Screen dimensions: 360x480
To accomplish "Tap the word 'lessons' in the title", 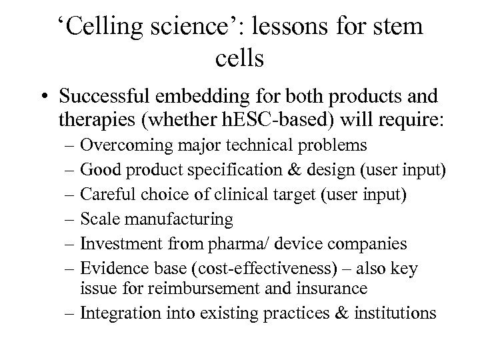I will (279, 28).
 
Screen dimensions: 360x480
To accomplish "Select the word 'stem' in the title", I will (394, 28).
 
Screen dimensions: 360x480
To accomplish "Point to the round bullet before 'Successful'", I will (44, 97).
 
